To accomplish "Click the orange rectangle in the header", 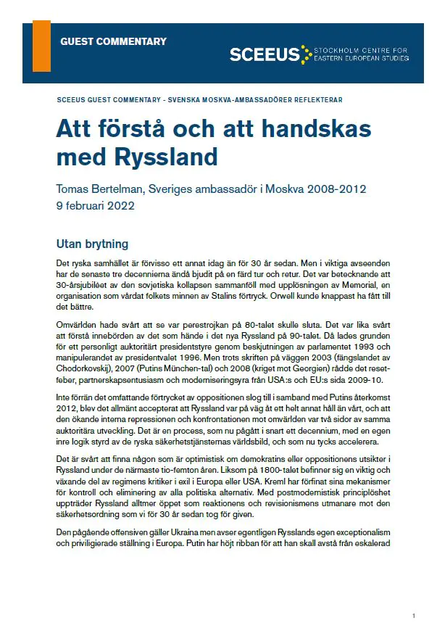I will [x=41, y=46].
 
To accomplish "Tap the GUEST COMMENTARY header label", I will [x=113, y=41].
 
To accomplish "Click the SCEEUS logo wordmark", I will [x=265, y=54].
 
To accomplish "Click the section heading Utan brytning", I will [x=92, y=244].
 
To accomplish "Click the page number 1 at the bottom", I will [x=413, y=616].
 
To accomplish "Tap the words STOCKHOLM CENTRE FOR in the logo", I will [x=360, y=51].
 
